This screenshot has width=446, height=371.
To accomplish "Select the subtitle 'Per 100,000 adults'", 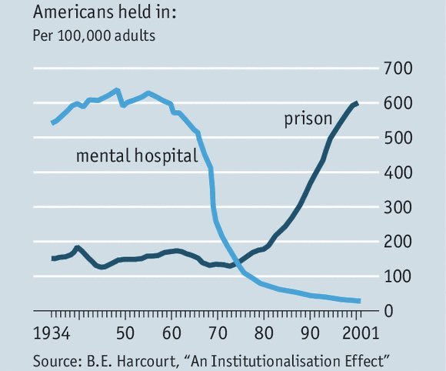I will coord(93,35).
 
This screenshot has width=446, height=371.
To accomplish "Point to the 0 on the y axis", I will coord(388,311).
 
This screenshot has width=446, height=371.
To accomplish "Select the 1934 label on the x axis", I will coord(53,335).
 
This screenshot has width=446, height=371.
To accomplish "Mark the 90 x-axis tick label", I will coord(311,335).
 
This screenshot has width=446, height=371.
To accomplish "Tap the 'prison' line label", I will coord(308,119).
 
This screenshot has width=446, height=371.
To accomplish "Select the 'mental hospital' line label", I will coord(137,156).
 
